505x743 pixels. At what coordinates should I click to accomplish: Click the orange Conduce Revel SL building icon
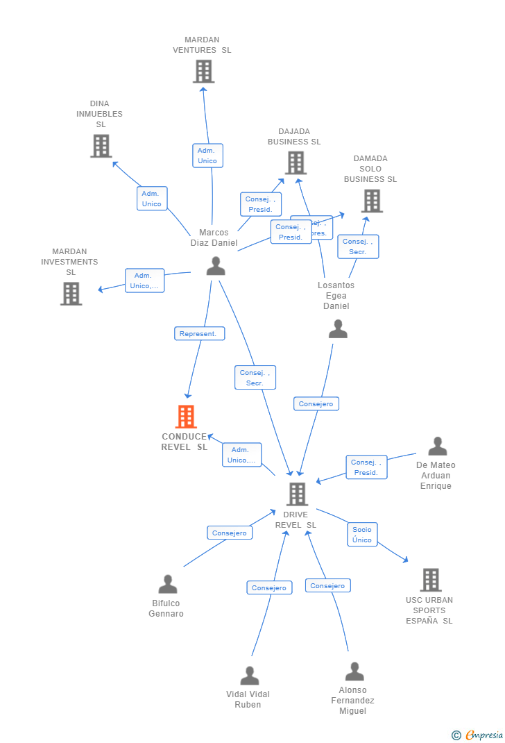point(186,417)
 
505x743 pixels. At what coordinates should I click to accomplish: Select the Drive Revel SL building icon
point(297,494)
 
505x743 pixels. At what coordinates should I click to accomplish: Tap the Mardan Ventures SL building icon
point(203,72)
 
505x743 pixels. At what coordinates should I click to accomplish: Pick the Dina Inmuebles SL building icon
point(101,146)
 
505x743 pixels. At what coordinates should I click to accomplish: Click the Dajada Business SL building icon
point(296,162)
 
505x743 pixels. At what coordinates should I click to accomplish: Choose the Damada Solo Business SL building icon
point(372,201)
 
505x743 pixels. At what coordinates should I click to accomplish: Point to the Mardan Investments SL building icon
point(71,293)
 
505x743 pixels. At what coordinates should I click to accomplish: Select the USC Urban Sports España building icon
point(430,580)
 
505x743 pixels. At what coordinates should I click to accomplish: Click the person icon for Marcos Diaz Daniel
point(216,266)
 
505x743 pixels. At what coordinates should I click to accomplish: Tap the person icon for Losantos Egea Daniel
point(338,329)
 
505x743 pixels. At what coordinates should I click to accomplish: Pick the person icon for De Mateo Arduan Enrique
point(437,446)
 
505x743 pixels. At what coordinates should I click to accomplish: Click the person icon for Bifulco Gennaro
point(168,584)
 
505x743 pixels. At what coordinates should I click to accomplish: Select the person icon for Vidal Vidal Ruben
point(249,676)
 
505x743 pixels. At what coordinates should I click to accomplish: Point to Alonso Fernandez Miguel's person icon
point(354,671)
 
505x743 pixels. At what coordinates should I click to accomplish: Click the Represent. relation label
point(199,334)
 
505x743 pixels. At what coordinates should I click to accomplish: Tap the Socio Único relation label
point(362,535)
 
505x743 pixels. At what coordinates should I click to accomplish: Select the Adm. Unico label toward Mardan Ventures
point(207,156)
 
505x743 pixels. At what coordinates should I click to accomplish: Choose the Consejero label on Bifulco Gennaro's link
point(230,533)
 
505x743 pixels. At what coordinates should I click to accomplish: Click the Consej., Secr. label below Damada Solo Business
point(358,247)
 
